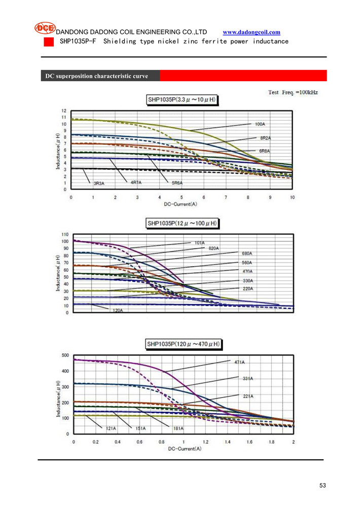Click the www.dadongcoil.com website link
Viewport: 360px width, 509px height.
tap(251, 32)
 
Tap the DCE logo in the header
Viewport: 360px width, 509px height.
tap(45, 28)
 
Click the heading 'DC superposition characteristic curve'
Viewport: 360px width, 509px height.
tap(97, 76)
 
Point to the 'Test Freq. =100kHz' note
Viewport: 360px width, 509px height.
tap(293, 92)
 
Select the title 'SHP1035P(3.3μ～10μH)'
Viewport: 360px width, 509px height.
tap(182, 100)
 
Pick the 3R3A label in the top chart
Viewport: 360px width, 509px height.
tap(99, 183)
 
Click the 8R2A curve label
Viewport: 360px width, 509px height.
tap(265, 137)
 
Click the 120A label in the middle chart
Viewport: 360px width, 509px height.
tap(117, 310)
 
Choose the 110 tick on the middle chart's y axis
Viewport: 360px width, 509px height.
tap(65, 234)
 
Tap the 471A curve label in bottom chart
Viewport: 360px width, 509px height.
tap(239, 362)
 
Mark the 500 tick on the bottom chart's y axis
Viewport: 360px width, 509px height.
tap(65, 355)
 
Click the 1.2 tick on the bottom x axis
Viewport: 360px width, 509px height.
tap(205, 442)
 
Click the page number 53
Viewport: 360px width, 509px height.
tap(322, 485)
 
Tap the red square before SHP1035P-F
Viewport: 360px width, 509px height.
tap(48, 42)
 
